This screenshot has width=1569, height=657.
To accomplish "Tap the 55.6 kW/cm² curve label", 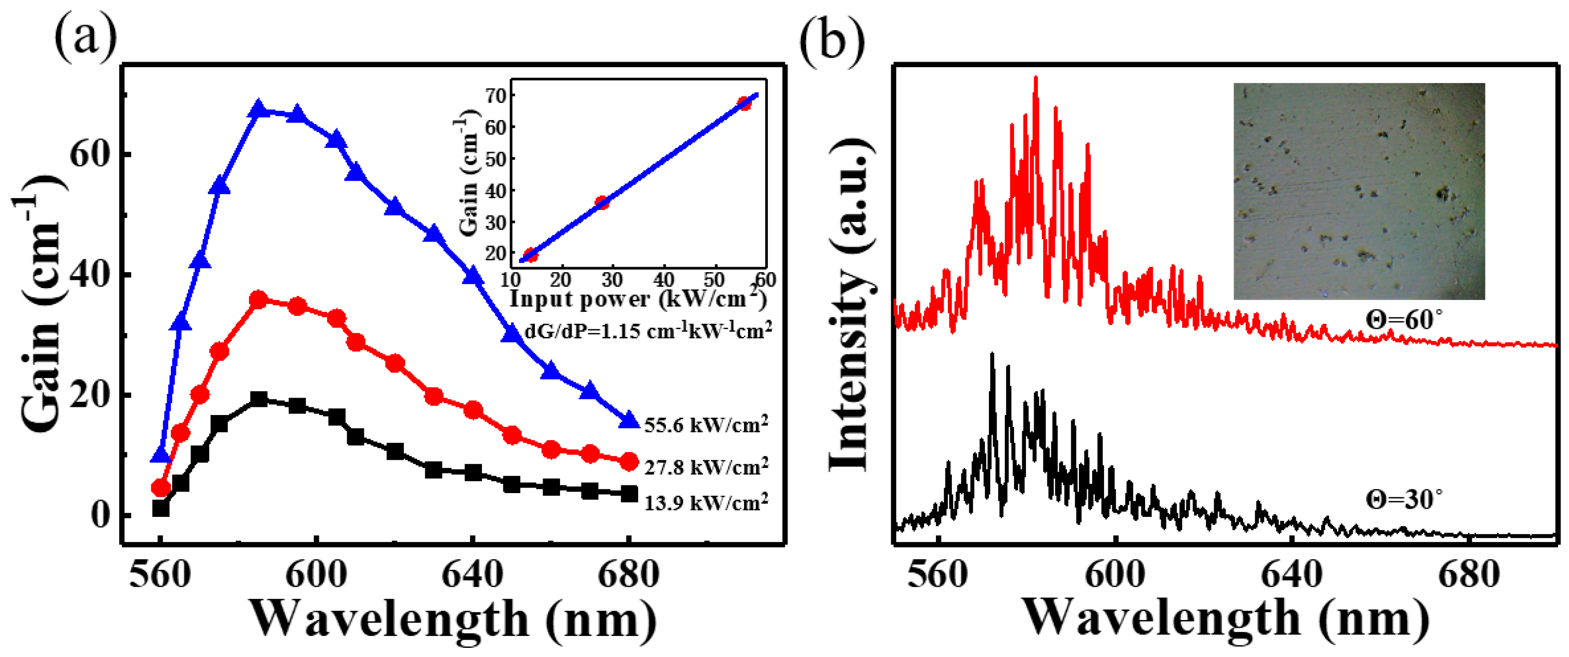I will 706,425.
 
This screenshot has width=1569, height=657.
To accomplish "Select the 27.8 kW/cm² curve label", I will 706,467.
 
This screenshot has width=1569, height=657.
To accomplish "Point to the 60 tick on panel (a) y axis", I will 91,155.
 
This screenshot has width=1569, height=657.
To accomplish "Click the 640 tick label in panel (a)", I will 472,575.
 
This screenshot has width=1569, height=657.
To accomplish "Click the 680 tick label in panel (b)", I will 1468,575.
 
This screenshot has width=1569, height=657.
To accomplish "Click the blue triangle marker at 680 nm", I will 629,420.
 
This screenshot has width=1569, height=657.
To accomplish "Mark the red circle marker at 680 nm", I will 629,462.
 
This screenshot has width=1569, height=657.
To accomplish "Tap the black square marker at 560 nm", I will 161,508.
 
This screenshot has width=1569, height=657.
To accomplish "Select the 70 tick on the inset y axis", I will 495,95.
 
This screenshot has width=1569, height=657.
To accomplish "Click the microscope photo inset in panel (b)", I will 1358,191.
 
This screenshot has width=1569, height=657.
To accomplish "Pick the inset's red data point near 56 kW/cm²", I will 744,103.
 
